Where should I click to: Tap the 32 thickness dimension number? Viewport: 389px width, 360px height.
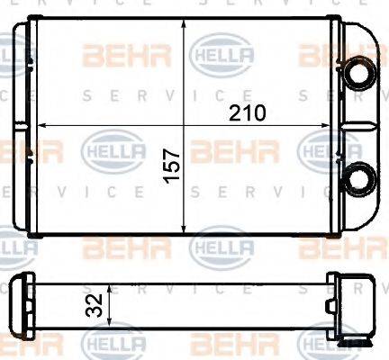[x=93, y=308]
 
